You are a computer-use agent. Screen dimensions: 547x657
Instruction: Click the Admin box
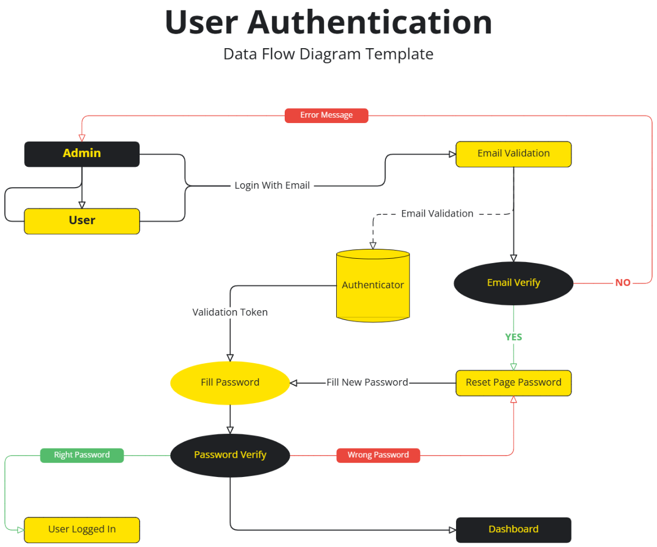click(x=82, y=154)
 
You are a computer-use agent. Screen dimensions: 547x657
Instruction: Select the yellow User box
click(x=82, y=221)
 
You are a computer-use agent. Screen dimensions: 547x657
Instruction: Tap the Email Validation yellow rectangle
click(x=514, y=154)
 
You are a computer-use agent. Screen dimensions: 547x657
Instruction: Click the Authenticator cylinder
click(x=373, y=285)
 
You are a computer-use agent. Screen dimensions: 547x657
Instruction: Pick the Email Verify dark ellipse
click(x=514, y=283)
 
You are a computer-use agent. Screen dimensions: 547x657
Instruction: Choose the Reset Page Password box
click(x=514, y=382)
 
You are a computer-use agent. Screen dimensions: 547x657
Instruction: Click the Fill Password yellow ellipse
click(x=230, y=382)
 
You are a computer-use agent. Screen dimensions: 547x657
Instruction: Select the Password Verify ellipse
click(x=230, y=455)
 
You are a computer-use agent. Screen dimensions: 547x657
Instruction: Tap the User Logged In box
click(x=82, y=529)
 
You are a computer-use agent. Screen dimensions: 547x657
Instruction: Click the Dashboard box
click(x=514, y=529)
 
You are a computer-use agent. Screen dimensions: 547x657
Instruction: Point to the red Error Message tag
click(x=326, y=115)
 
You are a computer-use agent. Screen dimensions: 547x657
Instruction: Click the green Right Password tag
click(x=82, y=455)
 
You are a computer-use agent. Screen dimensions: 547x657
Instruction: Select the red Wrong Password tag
click(x=378, y=455)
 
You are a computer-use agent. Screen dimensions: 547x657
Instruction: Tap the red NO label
click(x=623, y=283)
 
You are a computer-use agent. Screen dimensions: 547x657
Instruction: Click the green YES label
click(x=514, y=337)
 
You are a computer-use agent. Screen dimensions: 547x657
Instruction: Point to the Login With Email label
click(x=272, y=185)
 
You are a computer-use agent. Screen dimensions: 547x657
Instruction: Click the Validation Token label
click(x=230, y=312)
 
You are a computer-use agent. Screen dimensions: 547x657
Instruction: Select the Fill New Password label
click(x=367, y=382)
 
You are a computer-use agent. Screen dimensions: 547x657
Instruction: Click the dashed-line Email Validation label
click(x=437, y=214)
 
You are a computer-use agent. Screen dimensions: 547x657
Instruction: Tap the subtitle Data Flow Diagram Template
click(x=328, y=54)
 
